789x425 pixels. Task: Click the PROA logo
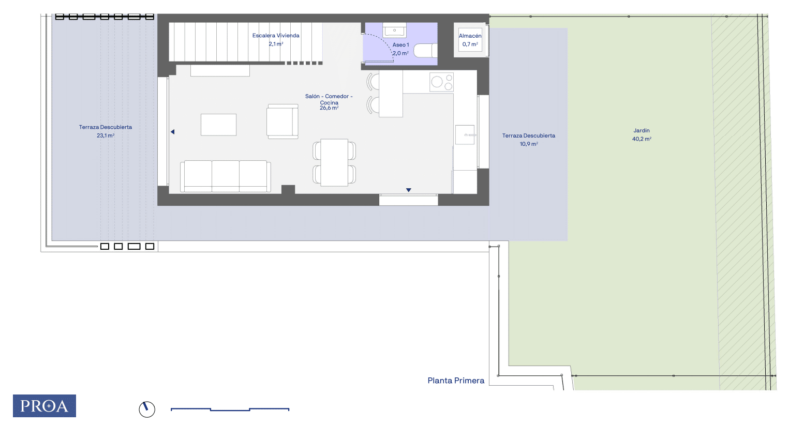tap(44, 406)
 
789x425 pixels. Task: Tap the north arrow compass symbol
tap(147, 409)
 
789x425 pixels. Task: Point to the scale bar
tap(230, 409)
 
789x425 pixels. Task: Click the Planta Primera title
tap(456, 381)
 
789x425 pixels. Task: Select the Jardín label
tap(642, 130)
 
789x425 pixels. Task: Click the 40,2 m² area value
tap(642, 139)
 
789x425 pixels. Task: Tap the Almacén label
tap(470, 36)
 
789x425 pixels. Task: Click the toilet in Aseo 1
tap(425, 50)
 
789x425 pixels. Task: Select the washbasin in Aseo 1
tap(394, 31)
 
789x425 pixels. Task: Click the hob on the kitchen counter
tap(442, 82)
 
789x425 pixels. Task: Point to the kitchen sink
tap(465, 135)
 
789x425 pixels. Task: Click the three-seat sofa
tap(226, 176)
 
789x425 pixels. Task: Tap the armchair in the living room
tap(282, 121)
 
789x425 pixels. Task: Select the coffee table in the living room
tap(218, 125)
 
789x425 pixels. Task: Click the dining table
tap(334, 162)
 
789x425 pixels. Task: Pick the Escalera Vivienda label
tap(276, 35)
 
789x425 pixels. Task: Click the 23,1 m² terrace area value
tap(106, 135)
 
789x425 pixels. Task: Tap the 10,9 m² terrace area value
tap(529, 144)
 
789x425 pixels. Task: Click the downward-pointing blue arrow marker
tap(409, 190)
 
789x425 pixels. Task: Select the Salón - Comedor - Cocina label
tap(329, 99)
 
